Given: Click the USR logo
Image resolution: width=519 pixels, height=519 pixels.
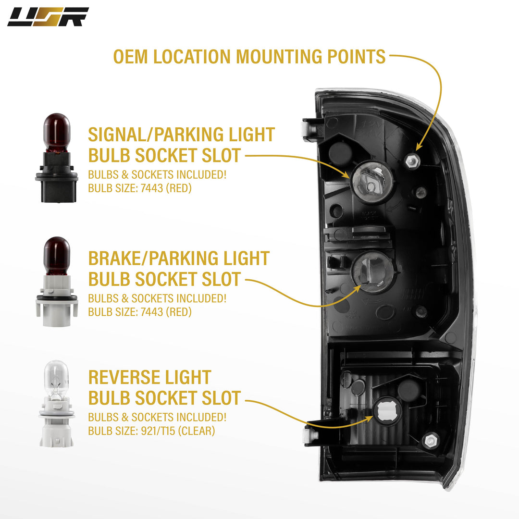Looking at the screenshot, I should coord(48,17).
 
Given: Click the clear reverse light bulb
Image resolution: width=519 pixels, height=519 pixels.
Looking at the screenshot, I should coord(57,404).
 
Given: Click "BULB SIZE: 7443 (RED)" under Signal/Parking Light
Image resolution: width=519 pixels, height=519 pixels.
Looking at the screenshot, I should coord(140,188).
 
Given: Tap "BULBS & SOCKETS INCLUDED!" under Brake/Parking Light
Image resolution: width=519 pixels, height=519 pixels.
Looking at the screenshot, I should coord(157,298).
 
